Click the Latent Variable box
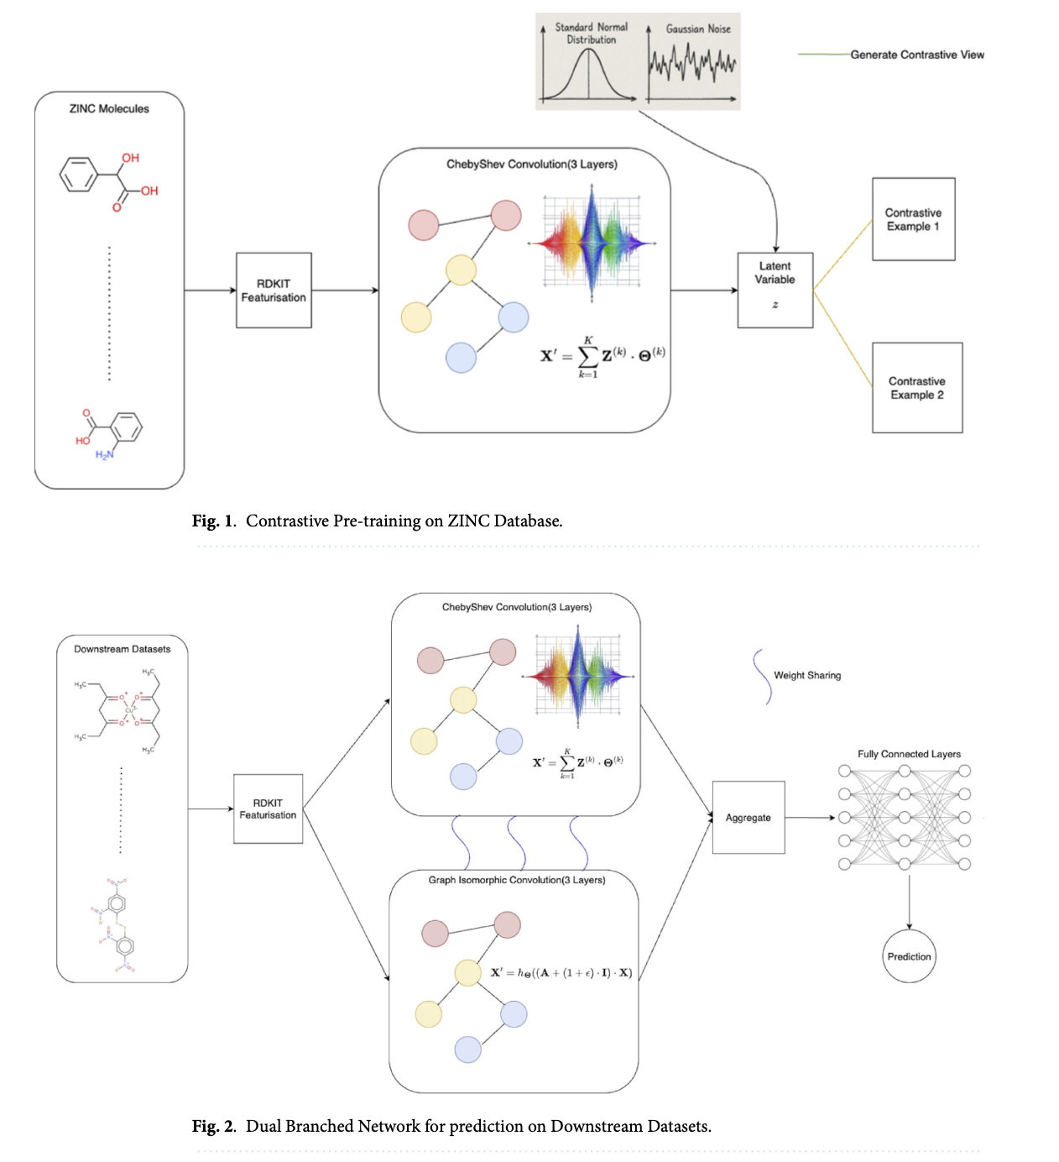(x=775, y=290)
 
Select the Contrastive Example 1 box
(x=913, y=219)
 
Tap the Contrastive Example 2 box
(x=916, y=387)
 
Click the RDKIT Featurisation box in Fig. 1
(x=274, y=290)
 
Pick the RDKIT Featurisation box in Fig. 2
(x=268, y=809)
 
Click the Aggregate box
(x=748, y=817)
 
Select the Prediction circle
(x=909, y=956)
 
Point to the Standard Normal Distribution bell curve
(x=588, y=74)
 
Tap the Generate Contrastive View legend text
(x=916, y=55)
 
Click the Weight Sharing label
(x=806, y=675)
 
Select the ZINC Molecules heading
(x=109, y=108)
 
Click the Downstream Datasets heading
(x=122, y=649)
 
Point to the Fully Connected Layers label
(x=909, y=754)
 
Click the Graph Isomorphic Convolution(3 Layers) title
(x=516, y=880)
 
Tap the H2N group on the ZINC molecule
(x=104, y=455)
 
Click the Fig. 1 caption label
(x=213, y=521)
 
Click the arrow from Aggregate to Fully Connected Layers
(x=810, y=817)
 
